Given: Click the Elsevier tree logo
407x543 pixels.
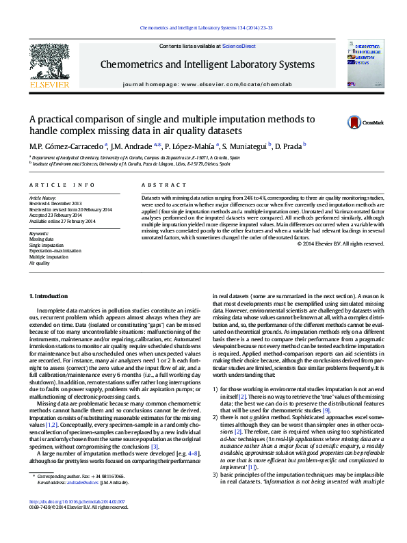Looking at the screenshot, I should pos(49,64).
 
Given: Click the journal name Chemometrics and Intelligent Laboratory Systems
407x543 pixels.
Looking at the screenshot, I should pos(207,65).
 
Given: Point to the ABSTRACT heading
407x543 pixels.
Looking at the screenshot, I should pos(155,185).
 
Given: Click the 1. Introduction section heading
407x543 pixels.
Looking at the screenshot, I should pos(50,295).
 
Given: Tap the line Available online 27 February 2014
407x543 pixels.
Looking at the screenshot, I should pos(62,220).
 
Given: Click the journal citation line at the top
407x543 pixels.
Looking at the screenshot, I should pos(206,27).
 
